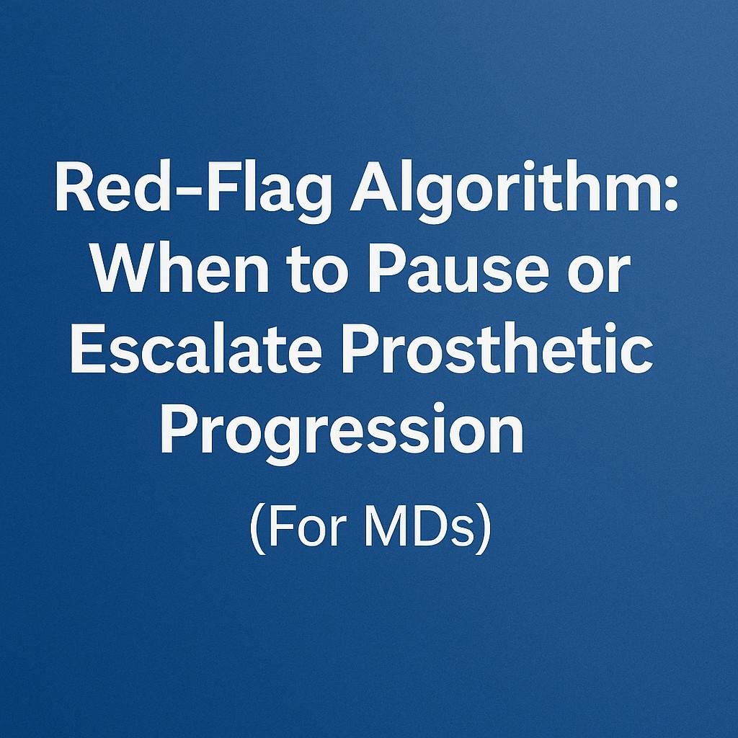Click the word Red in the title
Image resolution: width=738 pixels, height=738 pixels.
pos(106,192)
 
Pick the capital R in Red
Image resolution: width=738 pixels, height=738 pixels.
pos(72,192)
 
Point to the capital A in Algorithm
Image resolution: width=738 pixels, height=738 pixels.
pos(374,192)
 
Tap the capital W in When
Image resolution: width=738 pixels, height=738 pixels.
pos(120,272)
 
